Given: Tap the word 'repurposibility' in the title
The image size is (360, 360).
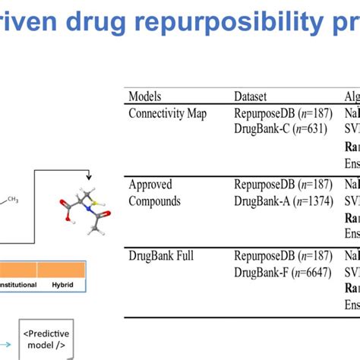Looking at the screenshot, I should pos(219,24).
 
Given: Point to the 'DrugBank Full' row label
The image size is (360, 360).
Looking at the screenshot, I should pos(162,256).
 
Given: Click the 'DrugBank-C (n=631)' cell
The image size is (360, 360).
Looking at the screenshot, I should pos(280,129).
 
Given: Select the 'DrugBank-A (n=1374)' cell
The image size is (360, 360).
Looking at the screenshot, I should pos(284,201).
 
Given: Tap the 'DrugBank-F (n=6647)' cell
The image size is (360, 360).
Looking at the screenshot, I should pos(283,272).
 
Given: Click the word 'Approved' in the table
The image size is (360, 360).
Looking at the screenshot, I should pos(150,185).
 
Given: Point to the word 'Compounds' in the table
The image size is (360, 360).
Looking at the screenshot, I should pos(155,201).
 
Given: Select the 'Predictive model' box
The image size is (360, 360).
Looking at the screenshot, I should pos(45,339).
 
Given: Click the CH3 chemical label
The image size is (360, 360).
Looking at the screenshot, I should pos(13,199).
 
